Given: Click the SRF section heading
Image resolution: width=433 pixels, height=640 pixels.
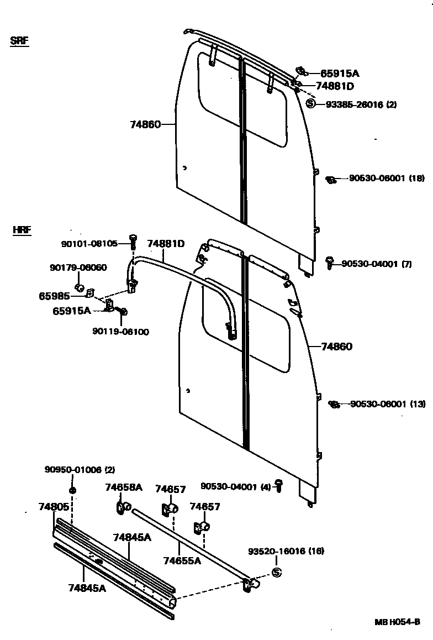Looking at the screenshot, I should point(19,41).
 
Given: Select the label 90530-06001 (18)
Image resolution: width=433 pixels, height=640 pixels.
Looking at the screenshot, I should point(387,178).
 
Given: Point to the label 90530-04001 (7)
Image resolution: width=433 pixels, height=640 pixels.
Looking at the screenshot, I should point(377,264).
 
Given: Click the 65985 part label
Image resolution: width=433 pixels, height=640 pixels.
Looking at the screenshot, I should point(54,296).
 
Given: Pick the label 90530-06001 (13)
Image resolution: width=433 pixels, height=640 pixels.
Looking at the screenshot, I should point(388,404).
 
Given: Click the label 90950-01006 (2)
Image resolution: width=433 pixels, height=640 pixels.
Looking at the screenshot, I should point(80,470).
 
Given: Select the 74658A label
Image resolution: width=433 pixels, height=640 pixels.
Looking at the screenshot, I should point(124,487).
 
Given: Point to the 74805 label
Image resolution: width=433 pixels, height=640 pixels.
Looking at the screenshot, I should point(54,506).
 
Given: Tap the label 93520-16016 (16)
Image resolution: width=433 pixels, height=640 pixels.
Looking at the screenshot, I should point(286,551).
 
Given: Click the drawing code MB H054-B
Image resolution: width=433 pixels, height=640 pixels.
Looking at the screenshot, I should point(397,622).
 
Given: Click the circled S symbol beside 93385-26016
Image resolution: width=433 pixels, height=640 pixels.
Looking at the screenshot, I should point(310,104).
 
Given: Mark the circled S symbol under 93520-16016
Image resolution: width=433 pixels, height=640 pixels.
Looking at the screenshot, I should point(277,572).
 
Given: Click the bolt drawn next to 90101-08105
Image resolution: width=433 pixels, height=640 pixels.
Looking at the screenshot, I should point(133,240).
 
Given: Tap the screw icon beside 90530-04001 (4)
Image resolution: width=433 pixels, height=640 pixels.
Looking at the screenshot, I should point(279,487).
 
